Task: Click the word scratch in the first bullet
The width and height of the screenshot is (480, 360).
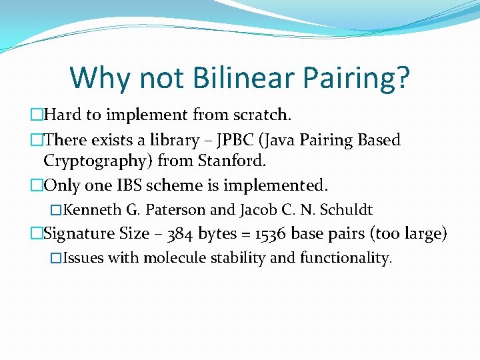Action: click(x=262, y=115)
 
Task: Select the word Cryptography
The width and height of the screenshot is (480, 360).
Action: click(x=98, y=161)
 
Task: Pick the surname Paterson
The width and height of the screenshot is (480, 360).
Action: click(x=175, y=210)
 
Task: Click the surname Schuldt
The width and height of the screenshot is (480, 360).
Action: click(x=345, y=210)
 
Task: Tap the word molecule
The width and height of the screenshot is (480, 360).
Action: click(x=176, y=257)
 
